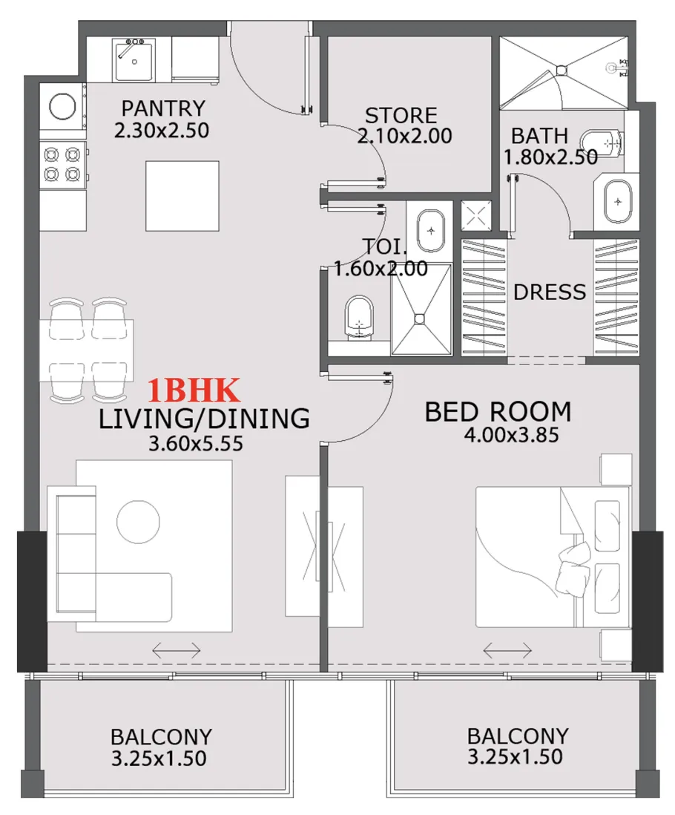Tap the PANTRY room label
(162, 109)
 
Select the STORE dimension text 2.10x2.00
(404, 137)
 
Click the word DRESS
(550, 292)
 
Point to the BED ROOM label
(498, 411)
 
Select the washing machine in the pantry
(61, 107)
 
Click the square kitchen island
(182, 196)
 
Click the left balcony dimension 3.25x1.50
(160, 759)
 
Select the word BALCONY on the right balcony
(517, 736)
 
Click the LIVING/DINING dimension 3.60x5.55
(197, 444)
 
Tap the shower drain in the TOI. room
(420, 318)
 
